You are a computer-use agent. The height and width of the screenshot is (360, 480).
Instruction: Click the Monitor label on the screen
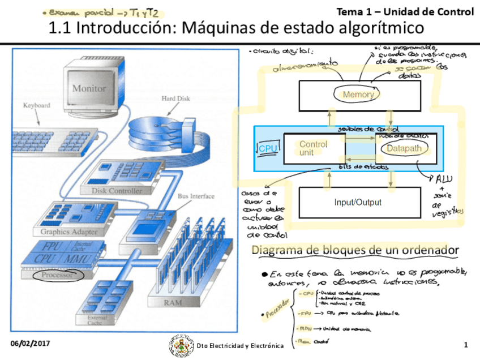[89, 88]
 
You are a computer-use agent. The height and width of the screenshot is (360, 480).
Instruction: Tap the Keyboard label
[36, 105]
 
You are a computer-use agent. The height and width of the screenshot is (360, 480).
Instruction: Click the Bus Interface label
[196, 196]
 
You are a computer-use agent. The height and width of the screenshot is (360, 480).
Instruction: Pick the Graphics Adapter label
[68, 232]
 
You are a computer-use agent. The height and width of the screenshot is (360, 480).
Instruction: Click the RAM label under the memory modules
[173, 303]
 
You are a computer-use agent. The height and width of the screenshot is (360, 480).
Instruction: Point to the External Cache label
[97, 321]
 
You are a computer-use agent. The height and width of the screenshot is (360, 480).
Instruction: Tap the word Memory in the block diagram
[358, 95]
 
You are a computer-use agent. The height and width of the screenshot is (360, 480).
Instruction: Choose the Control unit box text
[313, 148]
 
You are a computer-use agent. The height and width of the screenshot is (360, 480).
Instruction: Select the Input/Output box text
[358, 202]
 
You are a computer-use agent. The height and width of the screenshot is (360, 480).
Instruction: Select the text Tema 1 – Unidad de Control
[405, 11]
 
